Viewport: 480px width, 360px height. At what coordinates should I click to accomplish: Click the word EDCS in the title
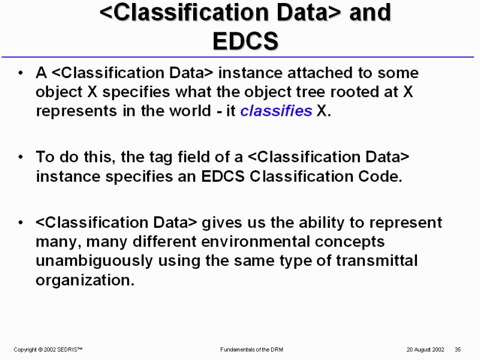pos(245,41)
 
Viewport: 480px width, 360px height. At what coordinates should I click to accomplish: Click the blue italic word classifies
pos(276,110)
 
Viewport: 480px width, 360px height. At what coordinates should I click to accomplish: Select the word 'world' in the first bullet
pos(190,110)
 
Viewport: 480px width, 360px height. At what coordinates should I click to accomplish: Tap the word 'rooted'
pos(353,92)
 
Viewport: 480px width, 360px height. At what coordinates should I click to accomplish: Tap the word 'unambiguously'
pos(94,261)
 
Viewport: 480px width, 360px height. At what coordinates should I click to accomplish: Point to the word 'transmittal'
pos(377,260)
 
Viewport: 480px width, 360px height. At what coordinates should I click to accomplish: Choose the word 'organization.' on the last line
pos(85,280)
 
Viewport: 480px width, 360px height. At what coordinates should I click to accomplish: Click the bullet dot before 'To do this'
pos(20,157)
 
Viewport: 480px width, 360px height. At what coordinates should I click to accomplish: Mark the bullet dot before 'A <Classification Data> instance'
pos(20,73)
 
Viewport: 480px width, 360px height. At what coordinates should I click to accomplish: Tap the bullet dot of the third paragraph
pos(20,223)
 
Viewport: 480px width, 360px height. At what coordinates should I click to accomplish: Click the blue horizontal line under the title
pos(238,57)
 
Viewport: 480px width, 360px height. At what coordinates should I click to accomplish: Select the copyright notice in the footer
pos(48,350)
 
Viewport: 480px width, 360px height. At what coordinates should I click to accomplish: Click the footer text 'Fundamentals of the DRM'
pos(251,350)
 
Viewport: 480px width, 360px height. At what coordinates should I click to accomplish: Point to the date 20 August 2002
pos(425,350)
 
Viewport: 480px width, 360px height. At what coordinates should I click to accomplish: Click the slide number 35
pos(458,350)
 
